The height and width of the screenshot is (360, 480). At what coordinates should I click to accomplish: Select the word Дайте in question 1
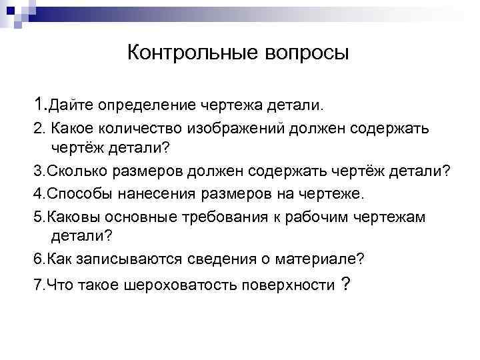coord(72,105)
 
